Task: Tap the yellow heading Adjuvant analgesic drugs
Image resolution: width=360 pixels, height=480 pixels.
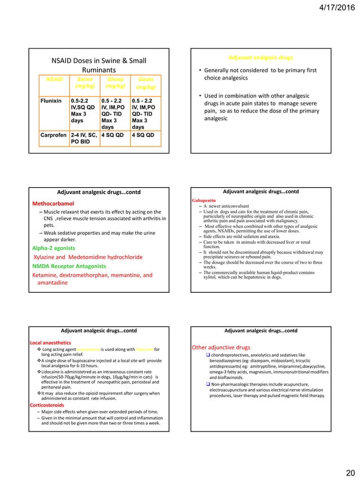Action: tap(261, 58)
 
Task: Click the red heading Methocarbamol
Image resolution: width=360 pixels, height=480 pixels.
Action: tap(54, 203)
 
